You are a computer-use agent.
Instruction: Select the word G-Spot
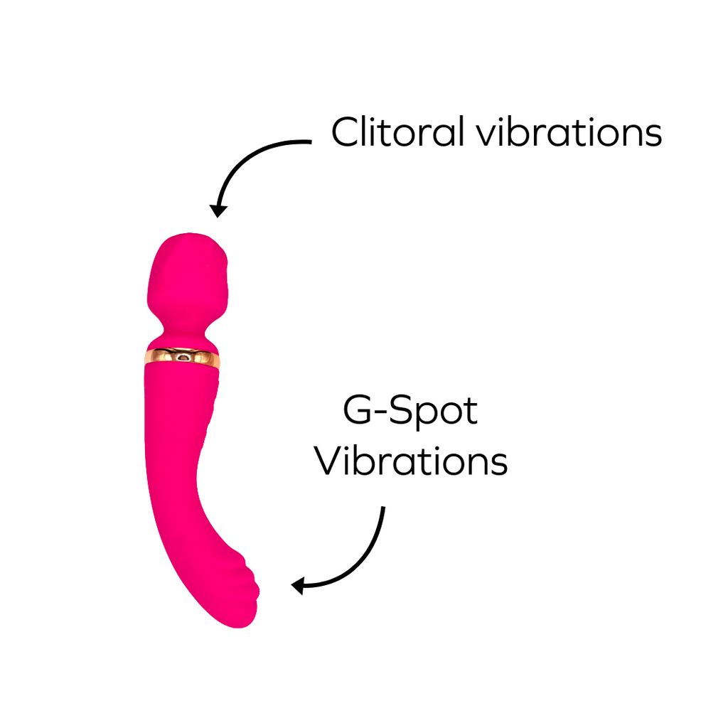click(x=410, y=412)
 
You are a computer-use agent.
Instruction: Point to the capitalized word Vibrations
click(x=411, y=461)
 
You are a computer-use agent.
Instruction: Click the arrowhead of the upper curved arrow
click(x=218, y=210)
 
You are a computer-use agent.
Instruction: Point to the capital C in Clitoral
click(x=346, y=132)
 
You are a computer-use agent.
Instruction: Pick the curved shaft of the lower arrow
click(x=366, y=558)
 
